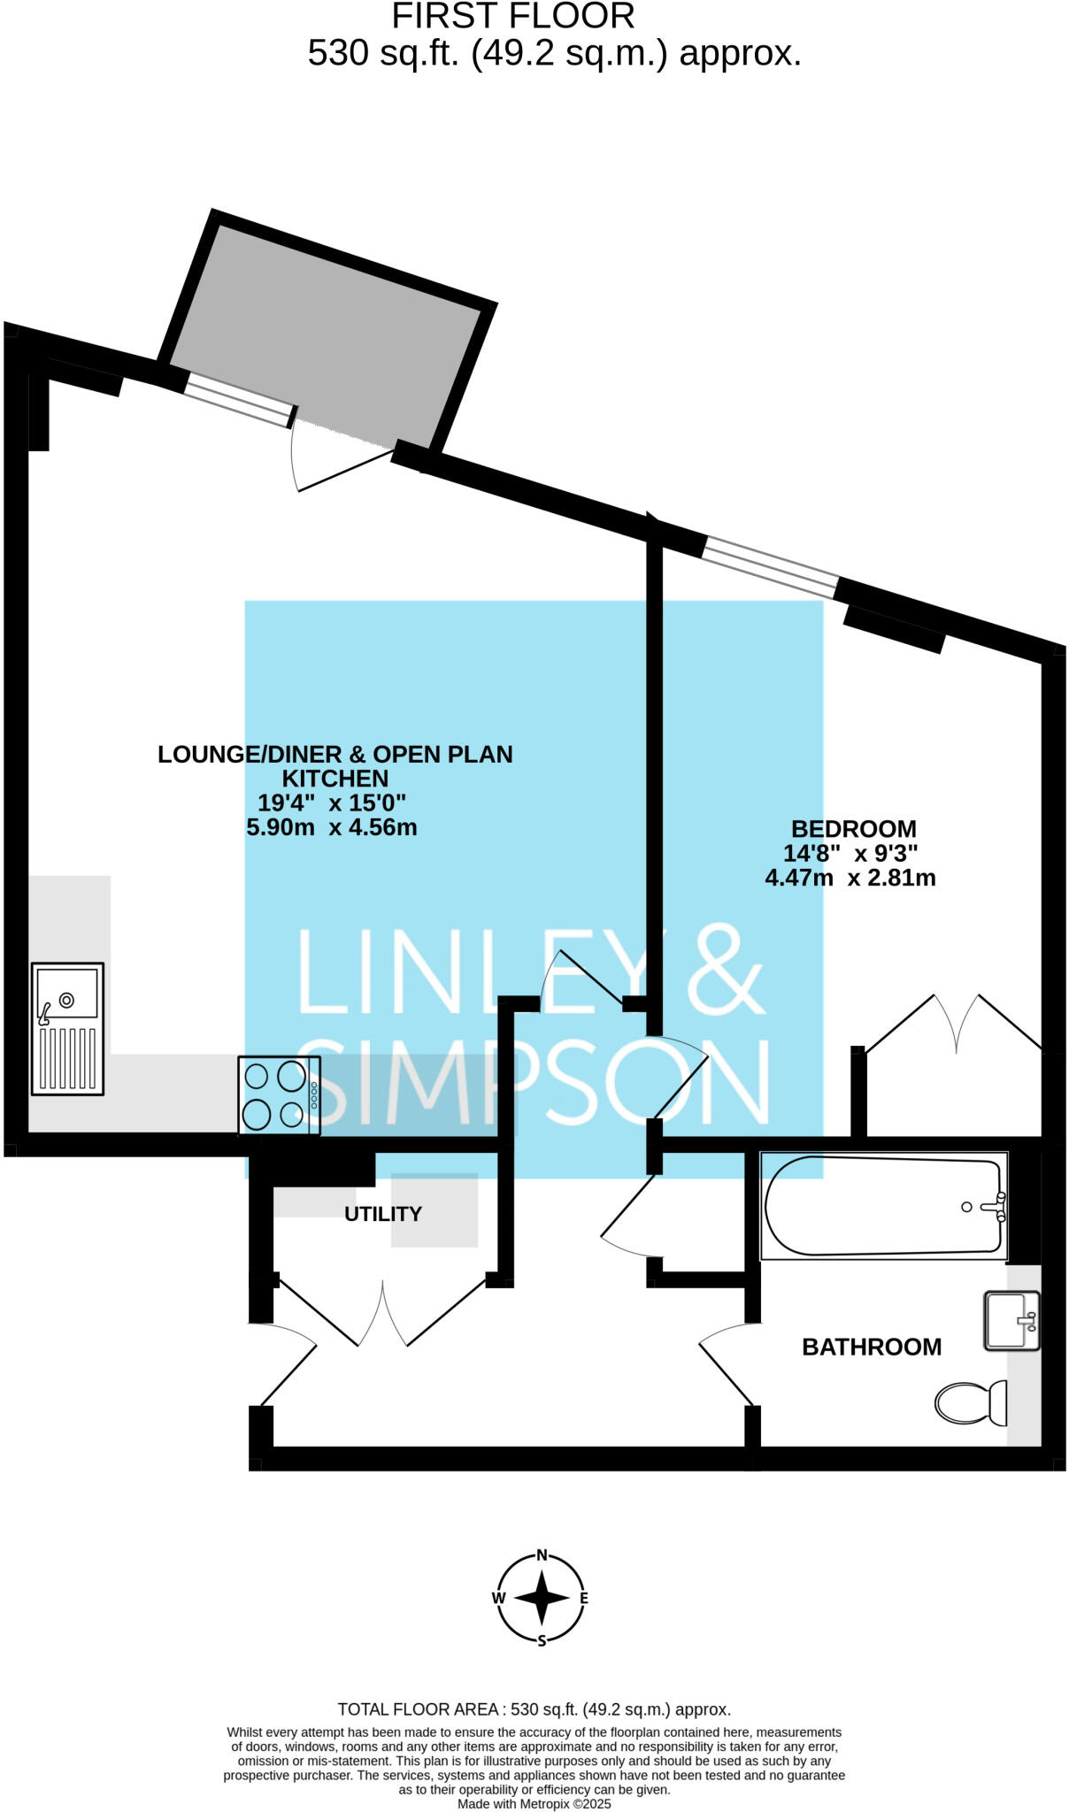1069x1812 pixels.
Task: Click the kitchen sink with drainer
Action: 68,1028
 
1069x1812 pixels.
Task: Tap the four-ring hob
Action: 278,1095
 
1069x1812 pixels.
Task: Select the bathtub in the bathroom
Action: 884,1206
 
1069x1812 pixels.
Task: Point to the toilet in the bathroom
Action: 971,1402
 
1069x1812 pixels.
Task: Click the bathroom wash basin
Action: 1012,1321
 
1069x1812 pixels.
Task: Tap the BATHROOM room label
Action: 871,1347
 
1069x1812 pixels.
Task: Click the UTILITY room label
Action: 382,1214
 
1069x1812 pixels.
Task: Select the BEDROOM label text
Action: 853,829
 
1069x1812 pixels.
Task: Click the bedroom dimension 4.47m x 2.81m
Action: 850,878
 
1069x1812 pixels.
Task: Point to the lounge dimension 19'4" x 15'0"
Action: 331,803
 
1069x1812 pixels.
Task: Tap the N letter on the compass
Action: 542,1556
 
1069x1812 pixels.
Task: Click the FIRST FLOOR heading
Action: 513,17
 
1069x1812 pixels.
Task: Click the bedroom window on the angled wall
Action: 770,566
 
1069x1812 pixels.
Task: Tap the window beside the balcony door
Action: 239,400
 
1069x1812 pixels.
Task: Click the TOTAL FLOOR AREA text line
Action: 534,1709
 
